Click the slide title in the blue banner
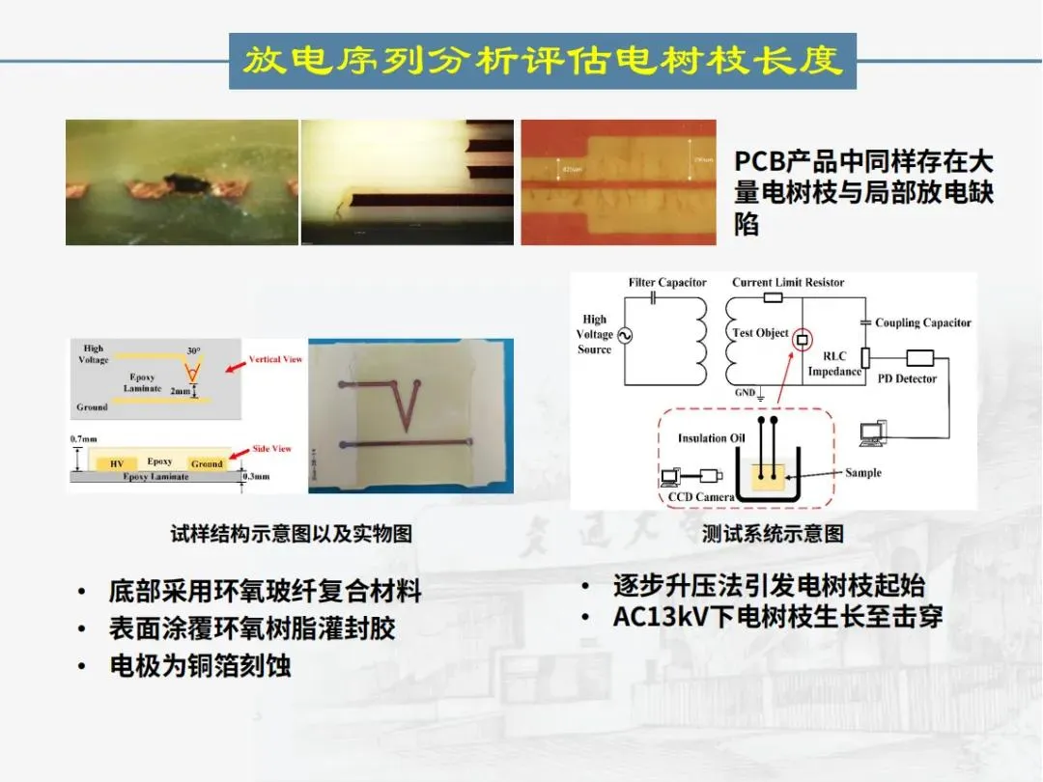(542, 61)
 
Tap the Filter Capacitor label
(667, 283)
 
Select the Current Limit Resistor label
(787, 283)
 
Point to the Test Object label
(760, 333)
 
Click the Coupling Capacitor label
(922, 322)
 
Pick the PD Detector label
(907, 378)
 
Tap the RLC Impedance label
(834, 363)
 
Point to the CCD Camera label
(701, 497)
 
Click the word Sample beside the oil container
(862, 472)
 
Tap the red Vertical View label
(276, 359)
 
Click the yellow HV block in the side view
(117, 463)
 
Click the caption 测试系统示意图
(773, 534)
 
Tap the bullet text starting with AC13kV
(777, 617)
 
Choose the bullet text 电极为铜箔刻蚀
(199, 665)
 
